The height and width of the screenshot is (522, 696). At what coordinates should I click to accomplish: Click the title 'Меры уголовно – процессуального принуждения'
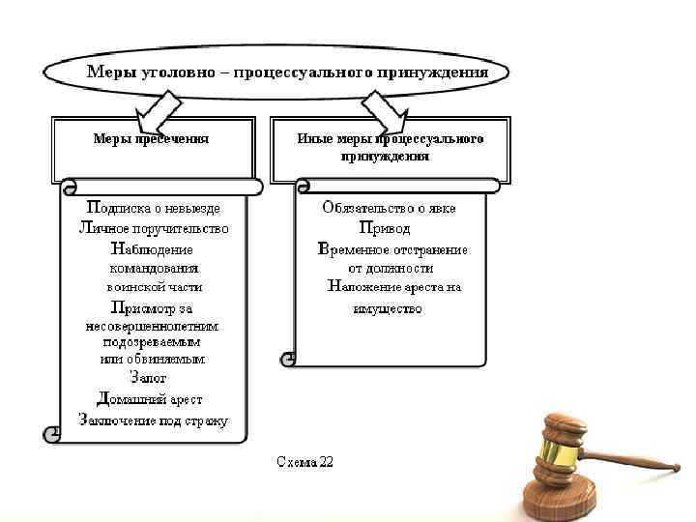(x=287, y=72)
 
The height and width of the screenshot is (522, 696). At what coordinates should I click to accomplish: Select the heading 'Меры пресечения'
(x=152, y=138)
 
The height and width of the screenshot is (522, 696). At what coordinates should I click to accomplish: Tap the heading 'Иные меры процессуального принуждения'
(x=390, y=147)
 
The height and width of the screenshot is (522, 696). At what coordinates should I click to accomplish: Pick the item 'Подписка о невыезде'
(x=154, y=208)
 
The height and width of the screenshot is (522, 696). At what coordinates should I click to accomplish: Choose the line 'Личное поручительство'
(x=154, y=228)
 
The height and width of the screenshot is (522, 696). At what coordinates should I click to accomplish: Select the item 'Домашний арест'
(x=150, y=398)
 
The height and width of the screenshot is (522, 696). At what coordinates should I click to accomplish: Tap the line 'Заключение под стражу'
(x=154, y=420)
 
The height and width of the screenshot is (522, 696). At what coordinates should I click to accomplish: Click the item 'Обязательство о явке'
(x=390, y=208)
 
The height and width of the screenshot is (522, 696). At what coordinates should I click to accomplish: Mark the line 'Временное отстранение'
(x=392, y=248)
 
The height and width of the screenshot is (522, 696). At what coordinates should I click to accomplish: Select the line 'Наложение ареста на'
(x=394, y=287)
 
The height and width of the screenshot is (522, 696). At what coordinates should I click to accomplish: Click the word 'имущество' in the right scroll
(x=386, y=308)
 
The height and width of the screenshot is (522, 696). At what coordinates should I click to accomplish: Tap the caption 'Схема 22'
(x=304, y=462)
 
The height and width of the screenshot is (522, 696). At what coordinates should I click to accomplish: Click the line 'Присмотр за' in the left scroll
(x=153, y=308)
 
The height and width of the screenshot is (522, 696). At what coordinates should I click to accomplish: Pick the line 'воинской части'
(x=154, y=287)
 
